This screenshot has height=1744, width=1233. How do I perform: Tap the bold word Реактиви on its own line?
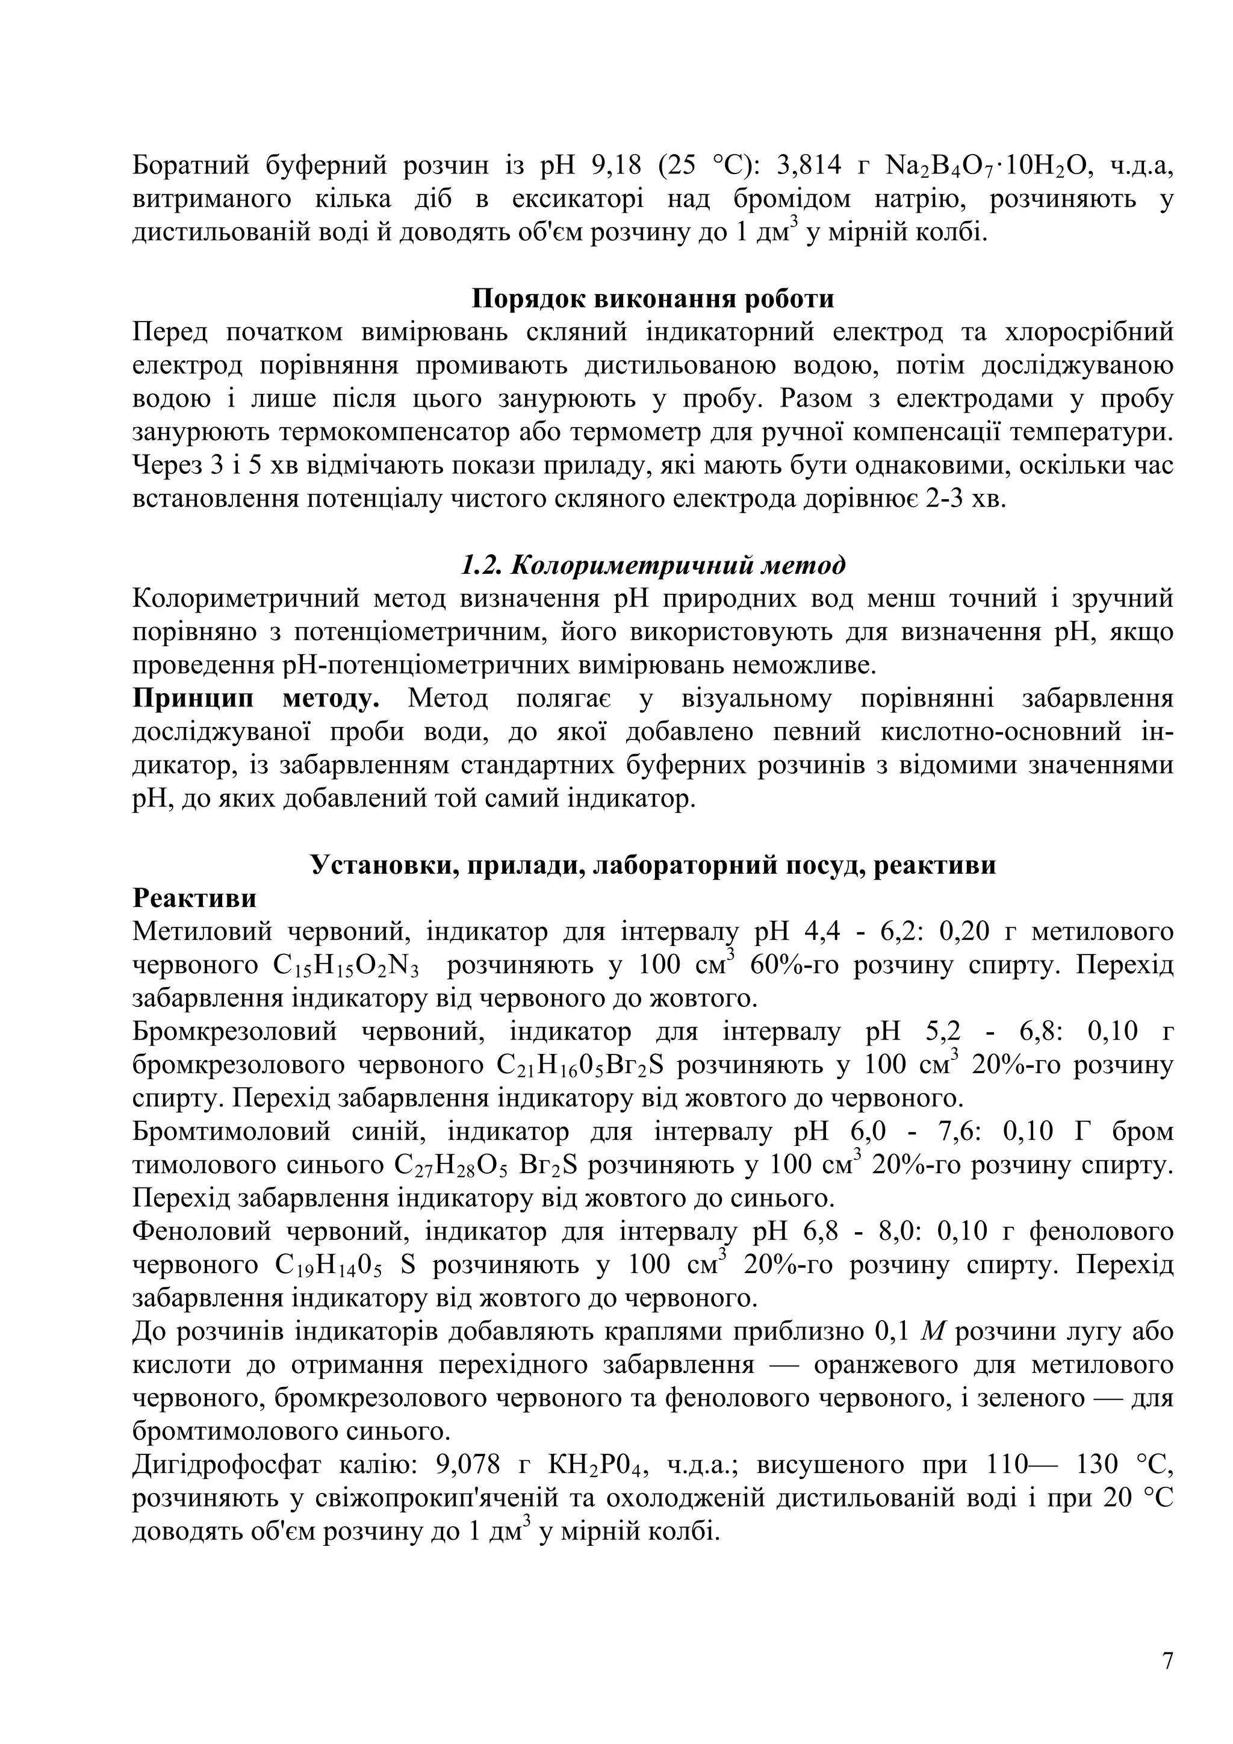point(194,898)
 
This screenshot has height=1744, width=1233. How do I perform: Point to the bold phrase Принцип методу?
point(256,698)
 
